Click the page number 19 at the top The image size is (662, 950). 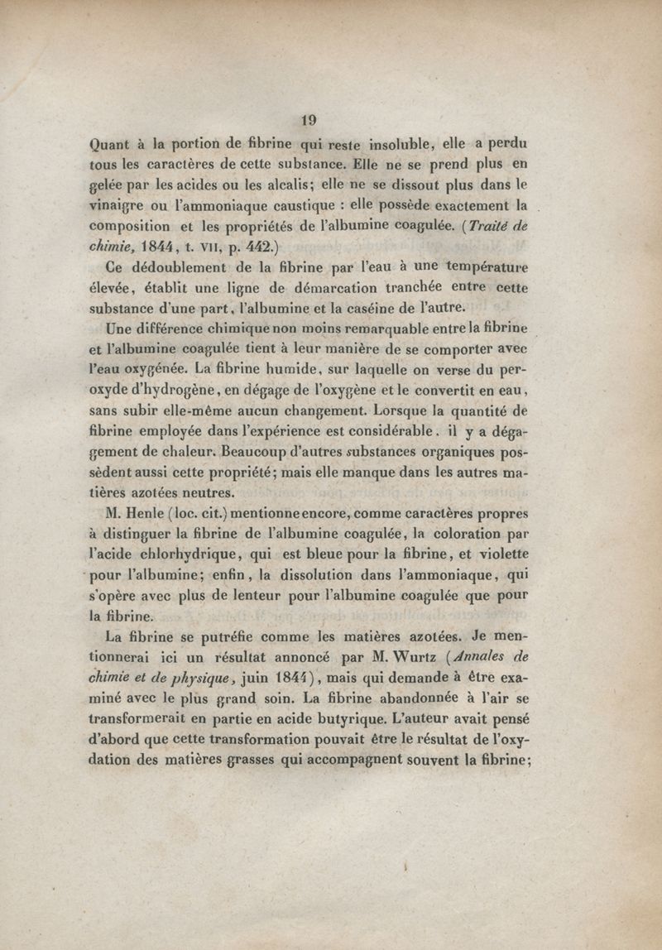click(x=309, y=119)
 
